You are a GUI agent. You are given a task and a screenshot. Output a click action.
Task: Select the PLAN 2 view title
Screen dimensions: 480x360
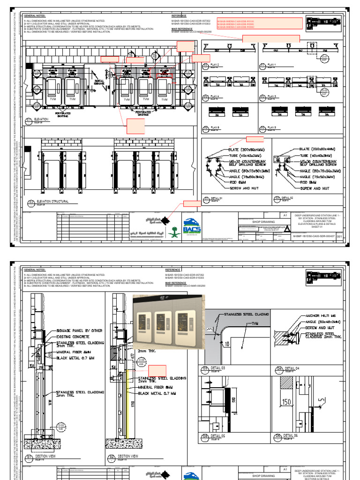pos(215,65)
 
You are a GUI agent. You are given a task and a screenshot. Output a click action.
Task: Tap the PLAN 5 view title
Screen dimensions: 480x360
pos(272,127)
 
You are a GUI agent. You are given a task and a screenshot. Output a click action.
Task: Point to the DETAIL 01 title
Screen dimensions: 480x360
pos(216,199)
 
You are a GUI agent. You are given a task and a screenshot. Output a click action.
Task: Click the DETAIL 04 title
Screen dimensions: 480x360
pos(290,368)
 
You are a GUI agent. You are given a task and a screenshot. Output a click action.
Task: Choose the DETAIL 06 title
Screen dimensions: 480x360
pos(290,435)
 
